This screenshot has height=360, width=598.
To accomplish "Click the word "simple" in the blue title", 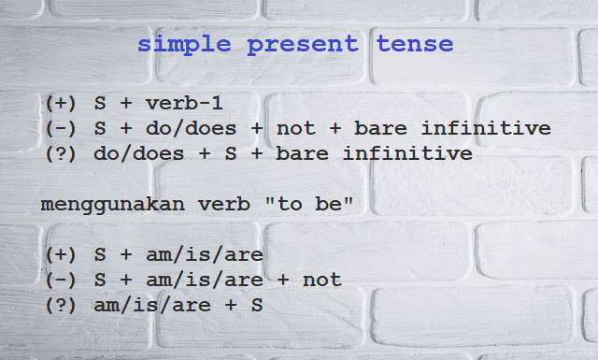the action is click(x=184, y=45).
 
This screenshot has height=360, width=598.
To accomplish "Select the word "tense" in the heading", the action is click(x=415, y=44).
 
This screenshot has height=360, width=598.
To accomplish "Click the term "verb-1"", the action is click(x=184, y=103).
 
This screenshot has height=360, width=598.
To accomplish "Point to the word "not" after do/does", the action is click(x=296, y=129).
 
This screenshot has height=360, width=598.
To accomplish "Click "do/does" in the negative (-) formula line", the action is click(x=191, y=128).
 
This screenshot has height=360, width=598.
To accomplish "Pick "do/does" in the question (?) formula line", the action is click(x=139, y=153).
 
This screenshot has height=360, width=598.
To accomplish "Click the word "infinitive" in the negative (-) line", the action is click(x=486, y=128).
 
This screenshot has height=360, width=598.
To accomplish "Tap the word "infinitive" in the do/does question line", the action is click(x=407, y=153).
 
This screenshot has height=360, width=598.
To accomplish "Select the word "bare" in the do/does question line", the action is click(x=302, y=153).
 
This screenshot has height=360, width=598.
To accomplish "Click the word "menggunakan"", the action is click(x=113, y=205).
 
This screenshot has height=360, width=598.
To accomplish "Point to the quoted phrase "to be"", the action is click(x=308, y=204).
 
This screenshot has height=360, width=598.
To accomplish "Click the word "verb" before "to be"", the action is click(x=224, y=204).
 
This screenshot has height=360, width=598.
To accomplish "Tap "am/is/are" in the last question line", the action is click(x=152, y=305).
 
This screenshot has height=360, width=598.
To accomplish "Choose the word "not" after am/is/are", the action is click(x=321, y=281).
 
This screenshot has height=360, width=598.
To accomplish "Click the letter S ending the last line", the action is click(x=257, y=305).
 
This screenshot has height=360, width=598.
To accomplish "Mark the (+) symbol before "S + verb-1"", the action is click(x=61, y=104).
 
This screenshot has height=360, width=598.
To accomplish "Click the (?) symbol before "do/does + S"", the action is click(x=61, y=154).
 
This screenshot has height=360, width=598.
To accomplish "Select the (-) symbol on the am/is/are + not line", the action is click(x=61, y=281).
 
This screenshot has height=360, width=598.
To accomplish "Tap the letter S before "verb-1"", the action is click(x=100, y=103).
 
